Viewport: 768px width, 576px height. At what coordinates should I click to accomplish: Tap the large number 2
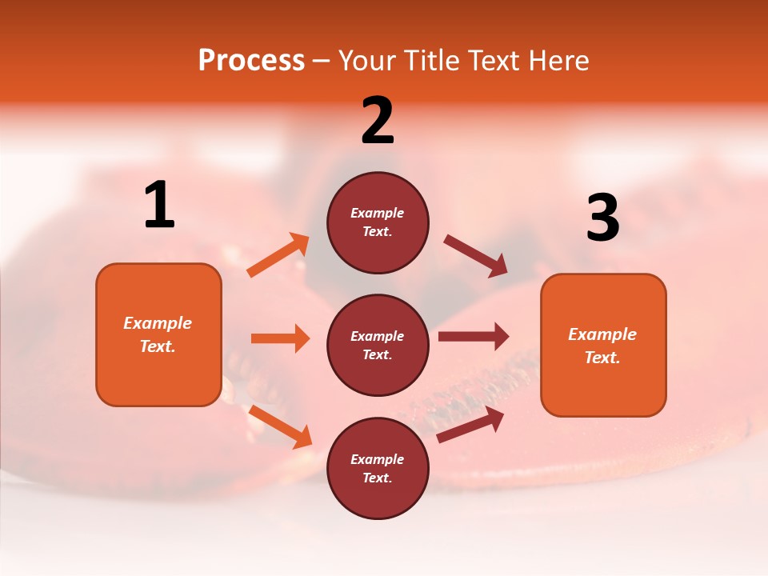coord(378,121)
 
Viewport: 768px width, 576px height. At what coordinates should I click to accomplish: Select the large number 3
coord(602,218)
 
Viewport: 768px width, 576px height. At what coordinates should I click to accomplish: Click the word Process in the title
coord(251,60)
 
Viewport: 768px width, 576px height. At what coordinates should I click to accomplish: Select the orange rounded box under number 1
coord(158,334)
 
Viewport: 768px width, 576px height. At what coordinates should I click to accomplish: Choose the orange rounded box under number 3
coord(603,345)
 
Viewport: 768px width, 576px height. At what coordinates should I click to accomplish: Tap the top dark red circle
coord(378,222)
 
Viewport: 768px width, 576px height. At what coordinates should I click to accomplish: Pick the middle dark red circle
coord(378,345)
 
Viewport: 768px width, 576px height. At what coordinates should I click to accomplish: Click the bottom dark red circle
coord(378,468)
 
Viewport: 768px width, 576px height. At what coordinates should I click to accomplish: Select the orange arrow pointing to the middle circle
coord(280,338)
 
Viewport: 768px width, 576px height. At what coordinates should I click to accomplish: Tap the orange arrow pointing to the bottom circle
coord(280,426)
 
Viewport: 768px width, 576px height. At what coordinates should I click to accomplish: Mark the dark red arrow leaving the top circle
coord(476,256)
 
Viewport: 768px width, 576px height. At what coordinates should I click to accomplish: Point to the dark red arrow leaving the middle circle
coord(474,336)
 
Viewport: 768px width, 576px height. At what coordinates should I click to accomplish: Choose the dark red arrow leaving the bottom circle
coord(470,425)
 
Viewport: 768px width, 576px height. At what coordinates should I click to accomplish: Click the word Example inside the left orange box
coord(158,323)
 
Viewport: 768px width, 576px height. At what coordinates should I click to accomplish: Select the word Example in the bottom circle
coord(378,459)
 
